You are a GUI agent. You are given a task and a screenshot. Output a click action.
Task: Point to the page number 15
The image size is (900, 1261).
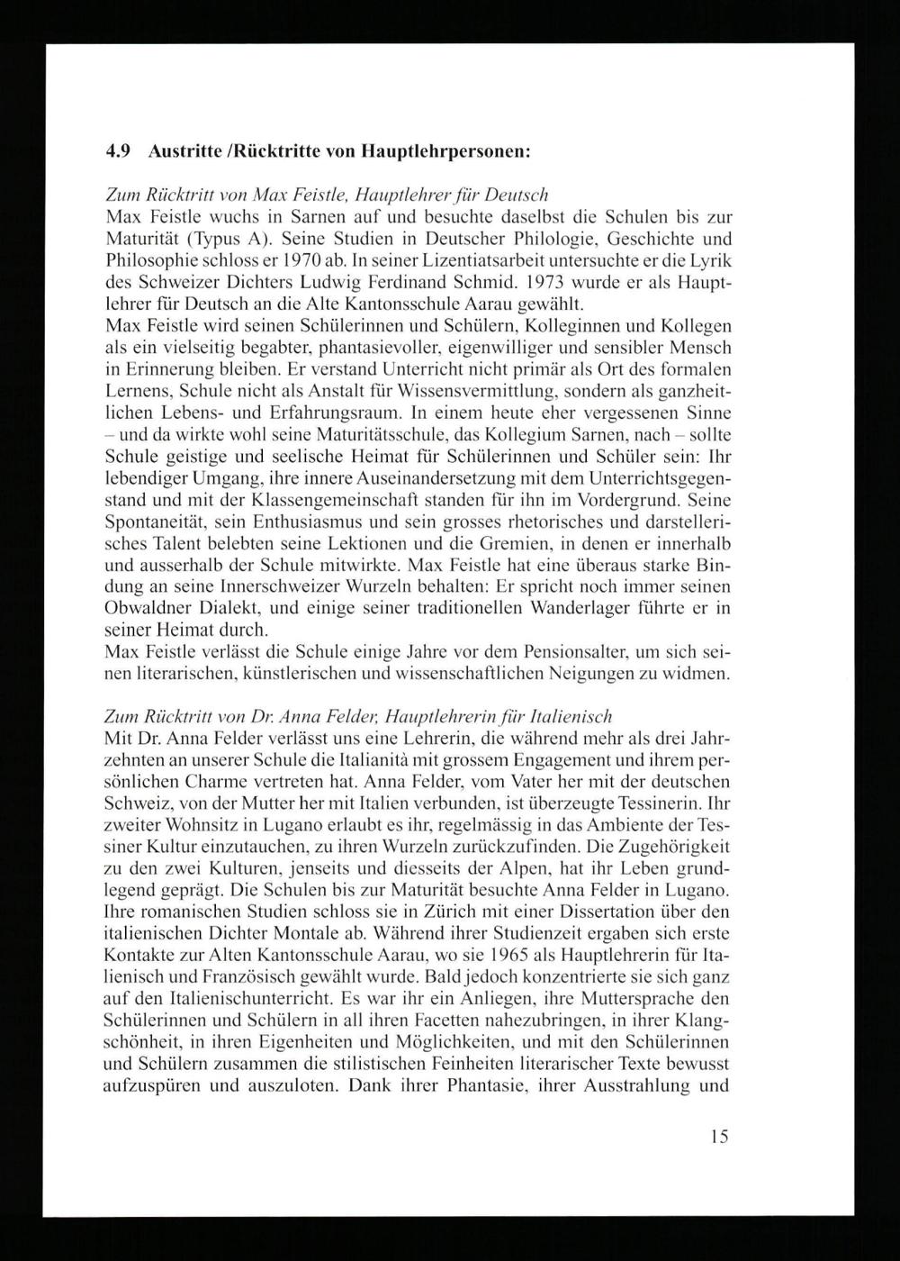(x=718, y=1137)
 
